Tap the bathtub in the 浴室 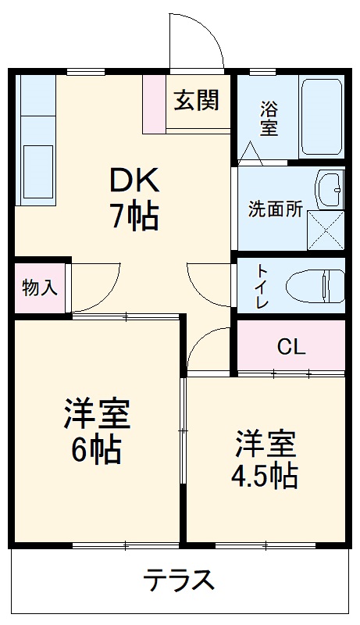coord(322,116)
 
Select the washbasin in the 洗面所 coord(330,190)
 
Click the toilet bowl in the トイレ coord(315,286)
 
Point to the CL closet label coord(291,348)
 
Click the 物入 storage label coord(40,287)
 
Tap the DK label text coord(135,181)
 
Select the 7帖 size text coord(134,216)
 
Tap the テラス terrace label coord(179,579)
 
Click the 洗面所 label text coord(276,209)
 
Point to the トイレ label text coord(262,286)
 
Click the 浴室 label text coord(269,118)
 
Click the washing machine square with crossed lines coord(326,230)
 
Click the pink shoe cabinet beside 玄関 coord(154,104)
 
